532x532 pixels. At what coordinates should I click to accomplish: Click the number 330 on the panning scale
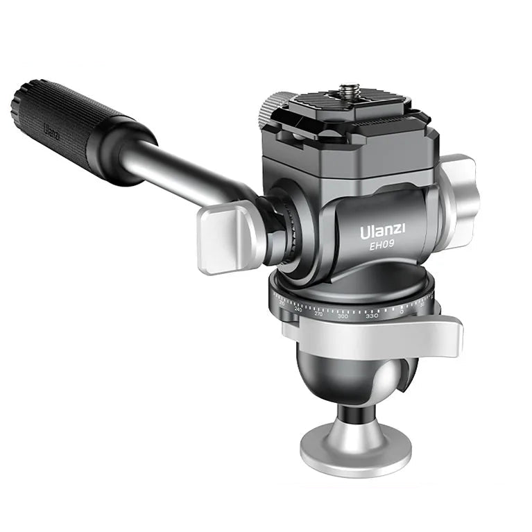tap(372, 316)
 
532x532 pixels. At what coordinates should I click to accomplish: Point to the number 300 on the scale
tap(343, 316)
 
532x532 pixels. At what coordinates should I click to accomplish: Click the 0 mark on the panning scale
tap(402, 311)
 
